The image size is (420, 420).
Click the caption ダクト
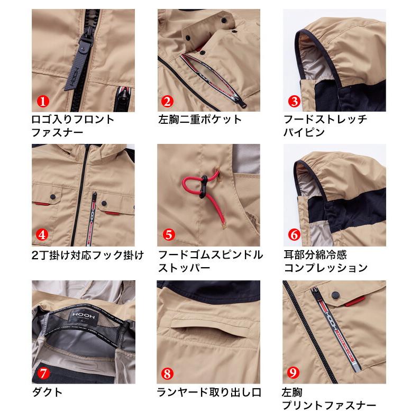[47, 392]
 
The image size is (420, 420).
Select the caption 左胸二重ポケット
[199, 119]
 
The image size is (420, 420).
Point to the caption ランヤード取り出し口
[209, 392]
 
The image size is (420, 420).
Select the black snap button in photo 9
[334, 293]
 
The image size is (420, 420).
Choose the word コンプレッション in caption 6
[325, 268]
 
